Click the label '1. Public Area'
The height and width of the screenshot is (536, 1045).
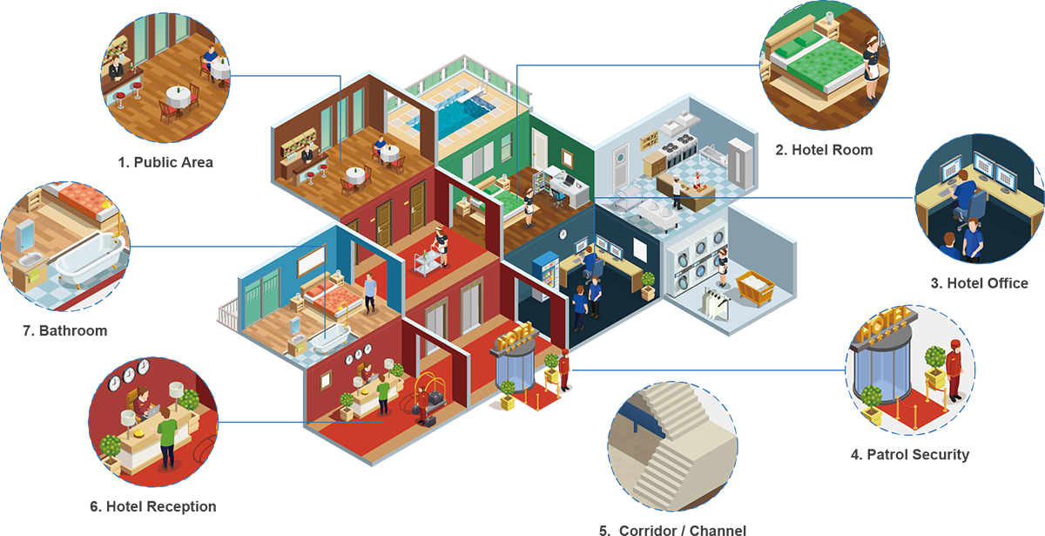165,162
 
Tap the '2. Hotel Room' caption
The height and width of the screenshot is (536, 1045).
823,150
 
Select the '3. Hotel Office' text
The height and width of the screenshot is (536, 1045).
979,283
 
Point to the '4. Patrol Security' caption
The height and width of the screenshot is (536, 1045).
909,455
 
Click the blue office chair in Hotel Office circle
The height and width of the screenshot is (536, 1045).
975,209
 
